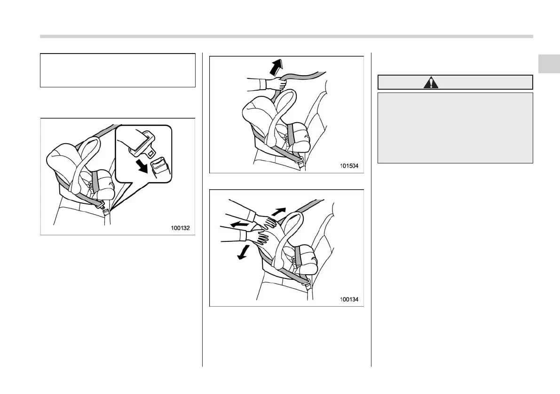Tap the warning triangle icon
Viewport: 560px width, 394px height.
point(430,83)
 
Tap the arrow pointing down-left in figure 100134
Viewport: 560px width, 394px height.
point(243,252)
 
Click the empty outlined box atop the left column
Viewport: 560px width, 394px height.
point(118,70)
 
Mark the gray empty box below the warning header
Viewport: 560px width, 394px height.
point(455,127)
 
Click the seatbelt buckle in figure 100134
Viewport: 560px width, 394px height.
point(307,285)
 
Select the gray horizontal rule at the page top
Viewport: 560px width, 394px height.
point(286,36)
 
